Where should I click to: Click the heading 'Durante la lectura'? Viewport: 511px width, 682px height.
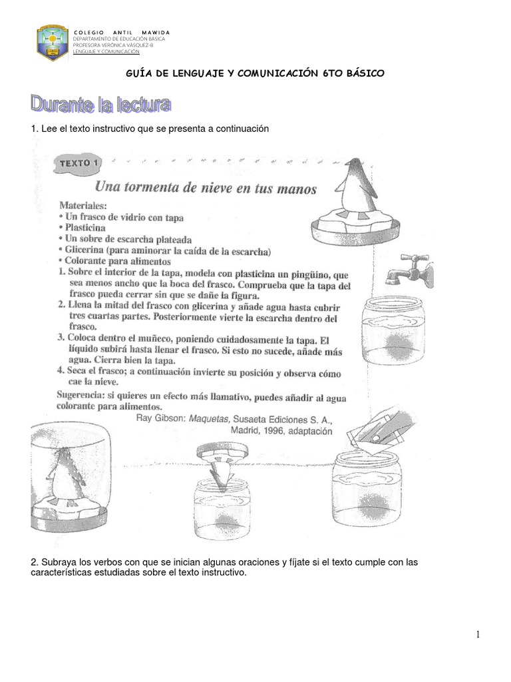(x=101, y=105)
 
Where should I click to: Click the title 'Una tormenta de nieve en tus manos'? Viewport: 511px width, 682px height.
(x=206, y=188)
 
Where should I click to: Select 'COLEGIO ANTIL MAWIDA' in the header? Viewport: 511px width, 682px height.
(x=121, y=33)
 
